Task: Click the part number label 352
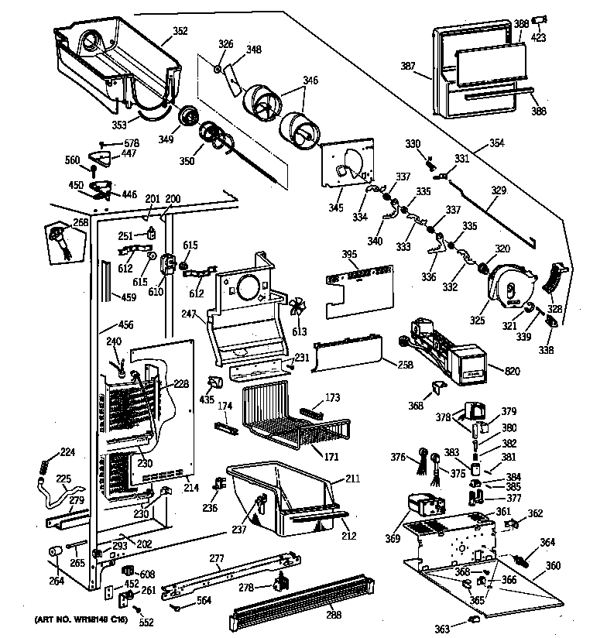[180, 32]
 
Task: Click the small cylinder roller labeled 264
[55, 551]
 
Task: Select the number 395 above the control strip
[351, 255]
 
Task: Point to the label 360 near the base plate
[553, 566]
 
